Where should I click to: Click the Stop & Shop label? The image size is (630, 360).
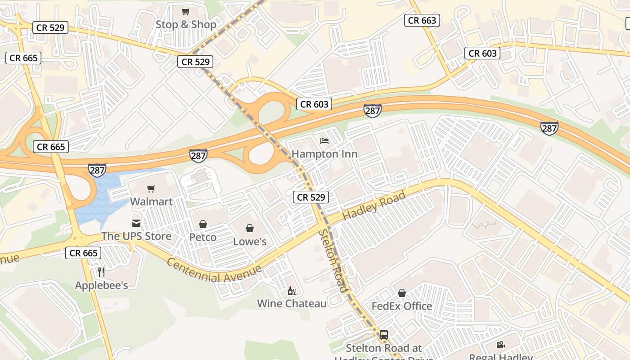(x=186, y=24)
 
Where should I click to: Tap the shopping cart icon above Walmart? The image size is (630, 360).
(x=151, y=189)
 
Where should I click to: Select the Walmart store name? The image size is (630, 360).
(x=152, y=201)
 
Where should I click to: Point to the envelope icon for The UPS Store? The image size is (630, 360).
(x=136, y=223)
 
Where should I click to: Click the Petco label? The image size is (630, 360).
(x=203, y=237)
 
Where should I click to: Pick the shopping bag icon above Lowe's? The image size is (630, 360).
(x=250, y=228)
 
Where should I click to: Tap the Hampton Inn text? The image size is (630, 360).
(x=324, y=154)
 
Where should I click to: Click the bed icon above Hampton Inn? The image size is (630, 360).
(x=324, y=141)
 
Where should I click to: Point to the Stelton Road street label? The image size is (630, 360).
(x=333, y=261)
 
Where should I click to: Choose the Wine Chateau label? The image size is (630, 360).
(x=292, y=303)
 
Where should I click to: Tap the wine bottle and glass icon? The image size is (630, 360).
(x=292, y=291)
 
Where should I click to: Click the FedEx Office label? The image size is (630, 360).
(x=402, y=306)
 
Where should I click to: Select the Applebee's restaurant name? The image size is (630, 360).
(x=101, y=285)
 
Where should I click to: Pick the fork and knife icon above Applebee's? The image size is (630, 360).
(x=101, y=272)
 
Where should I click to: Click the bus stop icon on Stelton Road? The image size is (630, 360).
(x=383, y=334)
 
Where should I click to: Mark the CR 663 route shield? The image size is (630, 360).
(x=422, y=20)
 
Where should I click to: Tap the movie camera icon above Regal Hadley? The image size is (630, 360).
(x=500, y=345)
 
